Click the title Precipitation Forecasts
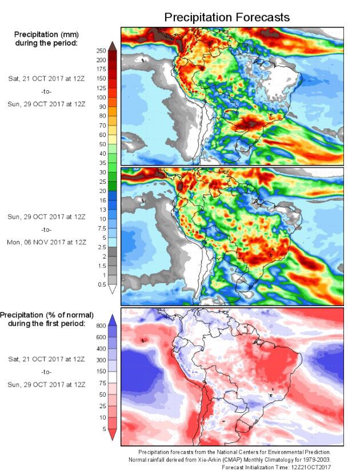pos(227,18)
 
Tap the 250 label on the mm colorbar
pos(101,51)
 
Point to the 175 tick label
pos(101,69)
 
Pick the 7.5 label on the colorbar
pos(101,228)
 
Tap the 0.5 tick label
pos(101,284)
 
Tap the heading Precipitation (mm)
pos(47,34)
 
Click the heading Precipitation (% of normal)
pos(47,315)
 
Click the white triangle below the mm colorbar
pos(113,289)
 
